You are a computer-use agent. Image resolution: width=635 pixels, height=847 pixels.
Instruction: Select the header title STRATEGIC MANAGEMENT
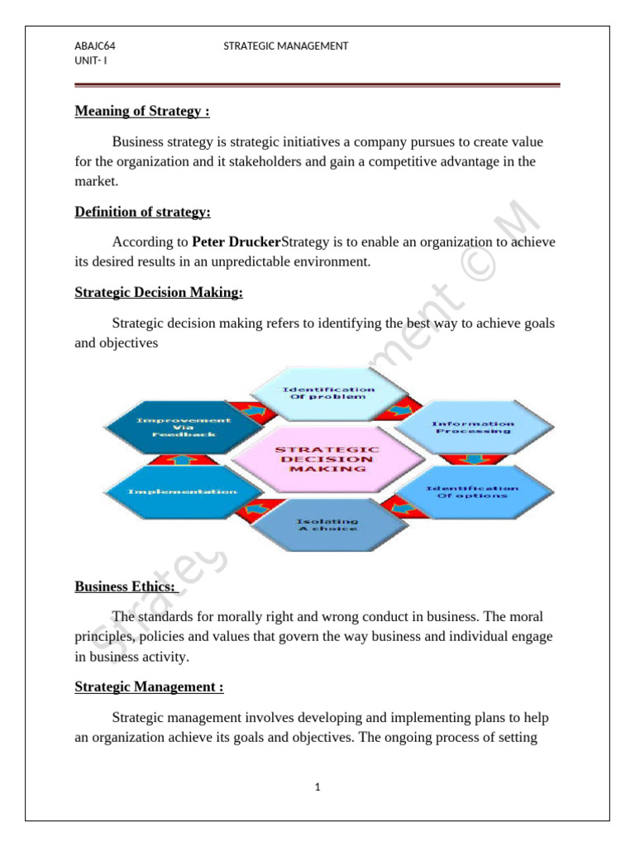pyautogui.click(x=285, y=46)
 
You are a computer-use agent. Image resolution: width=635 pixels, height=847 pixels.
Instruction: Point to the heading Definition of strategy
pyautogui.click(x=142, y=212)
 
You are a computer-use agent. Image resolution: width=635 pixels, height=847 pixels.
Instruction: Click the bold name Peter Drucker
pyautogui.click(x=236, y=242)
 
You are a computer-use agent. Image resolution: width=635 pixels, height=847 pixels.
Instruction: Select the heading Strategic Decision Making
pyautogui.click(x=159, y=293)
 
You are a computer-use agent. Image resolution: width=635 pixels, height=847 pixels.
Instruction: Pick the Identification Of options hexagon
pyautogui.click(x=472, y=491)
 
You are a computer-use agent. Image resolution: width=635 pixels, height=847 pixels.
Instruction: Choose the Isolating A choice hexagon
pyautogui.click(x=326, y=524)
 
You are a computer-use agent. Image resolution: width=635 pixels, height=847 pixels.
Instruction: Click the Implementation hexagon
pyautogui.click(x=182, y=491)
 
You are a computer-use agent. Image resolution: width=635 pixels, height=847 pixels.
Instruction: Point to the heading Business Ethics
pyautogui.click(x=126, y=586)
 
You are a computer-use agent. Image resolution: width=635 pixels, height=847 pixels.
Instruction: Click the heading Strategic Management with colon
pyautogui.click(x=149, y=687)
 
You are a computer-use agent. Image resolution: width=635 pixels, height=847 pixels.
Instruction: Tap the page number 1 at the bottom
pyautogui.click(x=317, y=787)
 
